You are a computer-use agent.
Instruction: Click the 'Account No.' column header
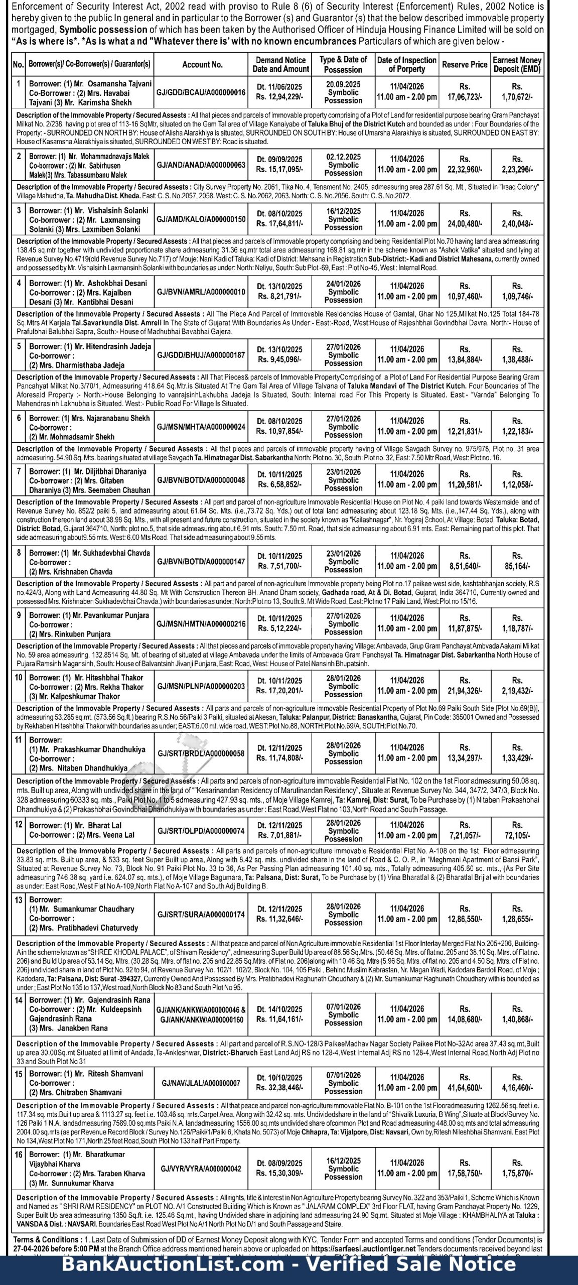tap(202, 65)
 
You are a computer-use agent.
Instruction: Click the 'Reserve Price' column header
tap(465, 65)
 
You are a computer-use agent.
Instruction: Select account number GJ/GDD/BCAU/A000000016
tap(201, 92)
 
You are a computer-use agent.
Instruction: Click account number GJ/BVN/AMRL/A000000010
tap(201, 292)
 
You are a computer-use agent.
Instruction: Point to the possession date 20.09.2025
tap(343, 84)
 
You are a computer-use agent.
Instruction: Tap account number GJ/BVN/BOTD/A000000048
tap(201, 480)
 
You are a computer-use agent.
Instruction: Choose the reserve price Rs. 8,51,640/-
tap(465, 566)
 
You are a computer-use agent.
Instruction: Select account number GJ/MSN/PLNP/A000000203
tap(201, 686)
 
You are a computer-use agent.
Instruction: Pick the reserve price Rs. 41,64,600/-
tap(465, 1088)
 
